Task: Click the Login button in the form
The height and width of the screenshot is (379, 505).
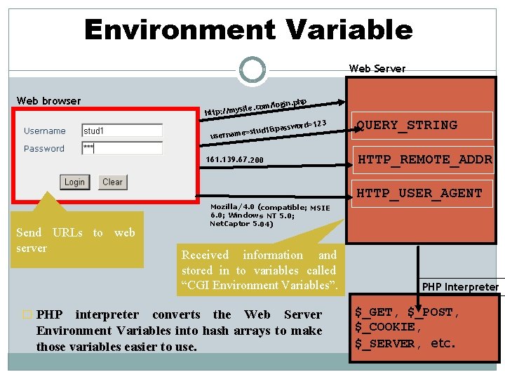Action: tap(74, 182)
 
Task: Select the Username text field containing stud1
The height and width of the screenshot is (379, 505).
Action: tap(122, 131)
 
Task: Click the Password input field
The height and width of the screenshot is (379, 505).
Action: tap(122, 148)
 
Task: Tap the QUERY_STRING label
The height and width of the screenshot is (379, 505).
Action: tap(407, 126)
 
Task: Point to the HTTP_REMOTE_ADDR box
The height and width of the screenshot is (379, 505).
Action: tap(424, 160)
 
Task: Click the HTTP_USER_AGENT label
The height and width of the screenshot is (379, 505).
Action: tap(419, 194)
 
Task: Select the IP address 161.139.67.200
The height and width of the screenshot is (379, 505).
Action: tap(235, 160)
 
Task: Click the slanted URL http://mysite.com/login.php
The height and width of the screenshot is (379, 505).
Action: tap(255, 105)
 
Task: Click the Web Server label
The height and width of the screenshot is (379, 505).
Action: tap(377, 69)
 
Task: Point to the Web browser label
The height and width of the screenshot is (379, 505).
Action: tap(48, 101)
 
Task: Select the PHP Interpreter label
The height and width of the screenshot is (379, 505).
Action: tap(460, 286)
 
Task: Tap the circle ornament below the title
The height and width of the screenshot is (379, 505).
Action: tap(252, 69)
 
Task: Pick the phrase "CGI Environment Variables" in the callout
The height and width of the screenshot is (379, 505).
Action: tap(260, 285)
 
